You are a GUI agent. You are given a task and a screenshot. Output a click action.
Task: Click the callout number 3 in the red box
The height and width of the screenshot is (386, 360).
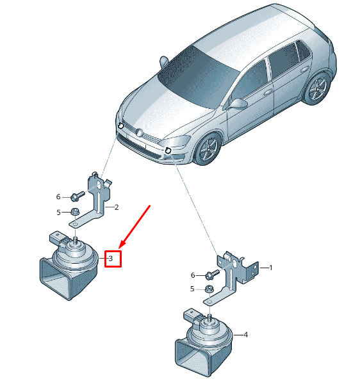111,259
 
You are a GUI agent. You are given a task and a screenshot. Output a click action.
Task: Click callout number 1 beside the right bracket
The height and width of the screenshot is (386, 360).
270,268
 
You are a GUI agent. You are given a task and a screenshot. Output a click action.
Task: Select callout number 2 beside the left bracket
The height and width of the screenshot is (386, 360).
117,207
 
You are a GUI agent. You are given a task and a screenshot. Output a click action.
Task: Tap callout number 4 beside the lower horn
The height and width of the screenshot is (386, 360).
245,335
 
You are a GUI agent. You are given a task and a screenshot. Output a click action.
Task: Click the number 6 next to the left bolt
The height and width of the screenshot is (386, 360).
58,197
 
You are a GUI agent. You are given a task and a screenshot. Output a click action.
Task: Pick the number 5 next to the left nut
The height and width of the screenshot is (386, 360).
58,213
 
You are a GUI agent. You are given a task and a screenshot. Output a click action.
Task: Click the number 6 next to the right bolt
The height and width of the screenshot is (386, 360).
193,275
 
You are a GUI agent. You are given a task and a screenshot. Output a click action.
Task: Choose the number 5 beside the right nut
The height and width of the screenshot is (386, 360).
192,289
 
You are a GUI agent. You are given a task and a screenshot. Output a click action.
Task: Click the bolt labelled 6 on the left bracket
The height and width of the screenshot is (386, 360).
77,196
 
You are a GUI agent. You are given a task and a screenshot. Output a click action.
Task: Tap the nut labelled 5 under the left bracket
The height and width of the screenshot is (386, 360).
74,212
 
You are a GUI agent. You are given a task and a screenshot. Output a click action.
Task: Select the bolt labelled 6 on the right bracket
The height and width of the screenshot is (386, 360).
211,275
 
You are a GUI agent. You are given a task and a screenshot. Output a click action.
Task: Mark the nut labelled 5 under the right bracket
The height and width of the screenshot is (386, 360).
209,288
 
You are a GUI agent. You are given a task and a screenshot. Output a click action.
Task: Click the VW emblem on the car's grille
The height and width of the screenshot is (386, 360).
139,133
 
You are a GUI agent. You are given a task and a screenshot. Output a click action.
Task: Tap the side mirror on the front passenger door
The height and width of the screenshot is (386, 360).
238,104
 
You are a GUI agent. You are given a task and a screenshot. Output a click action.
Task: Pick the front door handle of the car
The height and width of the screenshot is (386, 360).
268,92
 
